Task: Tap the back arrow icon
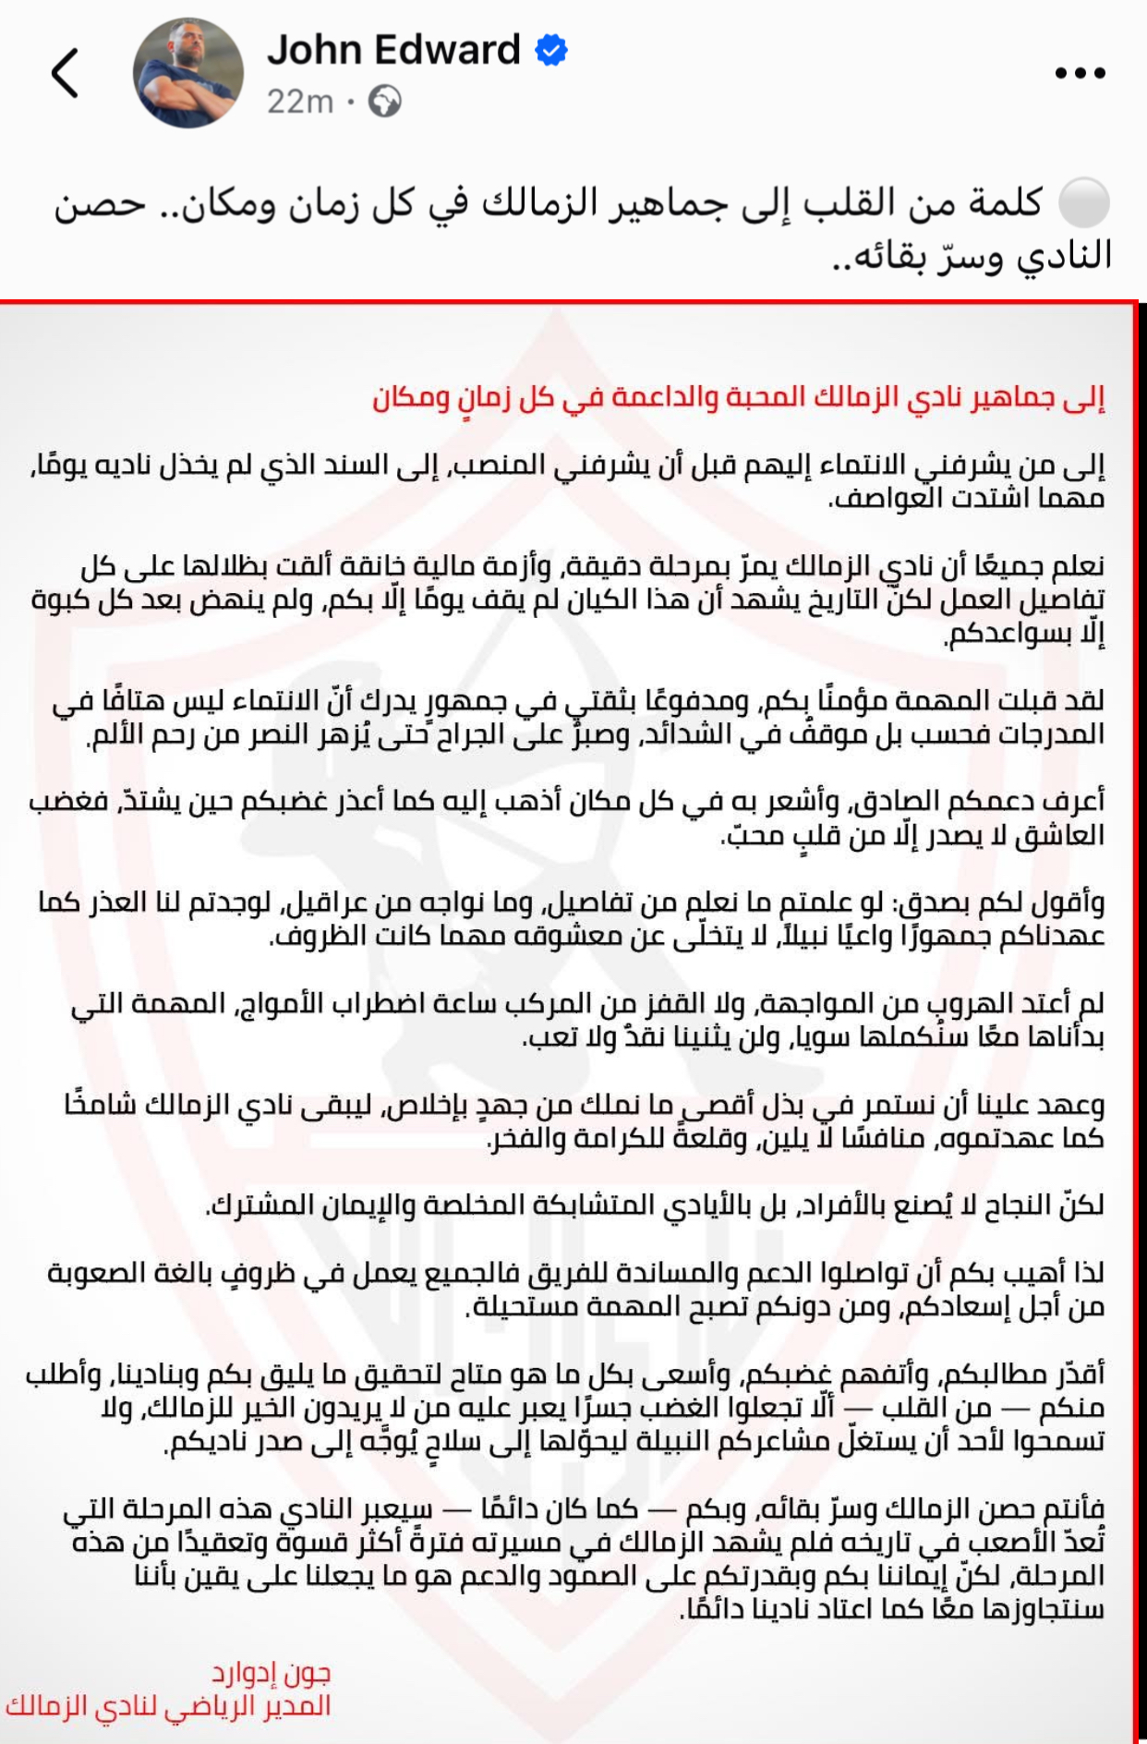(x=65, y=73)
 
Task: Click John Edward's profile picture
(x=188, y=72)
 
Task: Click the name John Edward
(x=393, y=50)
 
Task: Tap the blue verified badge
(x=551, y=50)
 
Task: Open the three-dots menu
(x=1080, y=73)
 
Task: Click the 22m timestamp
(x=300, y=101)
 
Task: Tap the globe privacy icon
(x=384, y=101)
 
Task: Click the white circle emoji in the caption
(x=1083, y=203)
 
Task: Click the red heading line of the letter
(x=739, y=397)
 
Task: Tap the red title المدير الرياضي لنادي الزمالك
(x=168, y=1705)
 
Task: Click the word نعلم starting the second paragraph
(x=1077, y=565)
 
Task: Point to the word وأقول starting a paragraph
(x=1072, y=902)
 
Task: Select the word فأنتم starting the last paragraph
(x=1074, y=1509)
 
